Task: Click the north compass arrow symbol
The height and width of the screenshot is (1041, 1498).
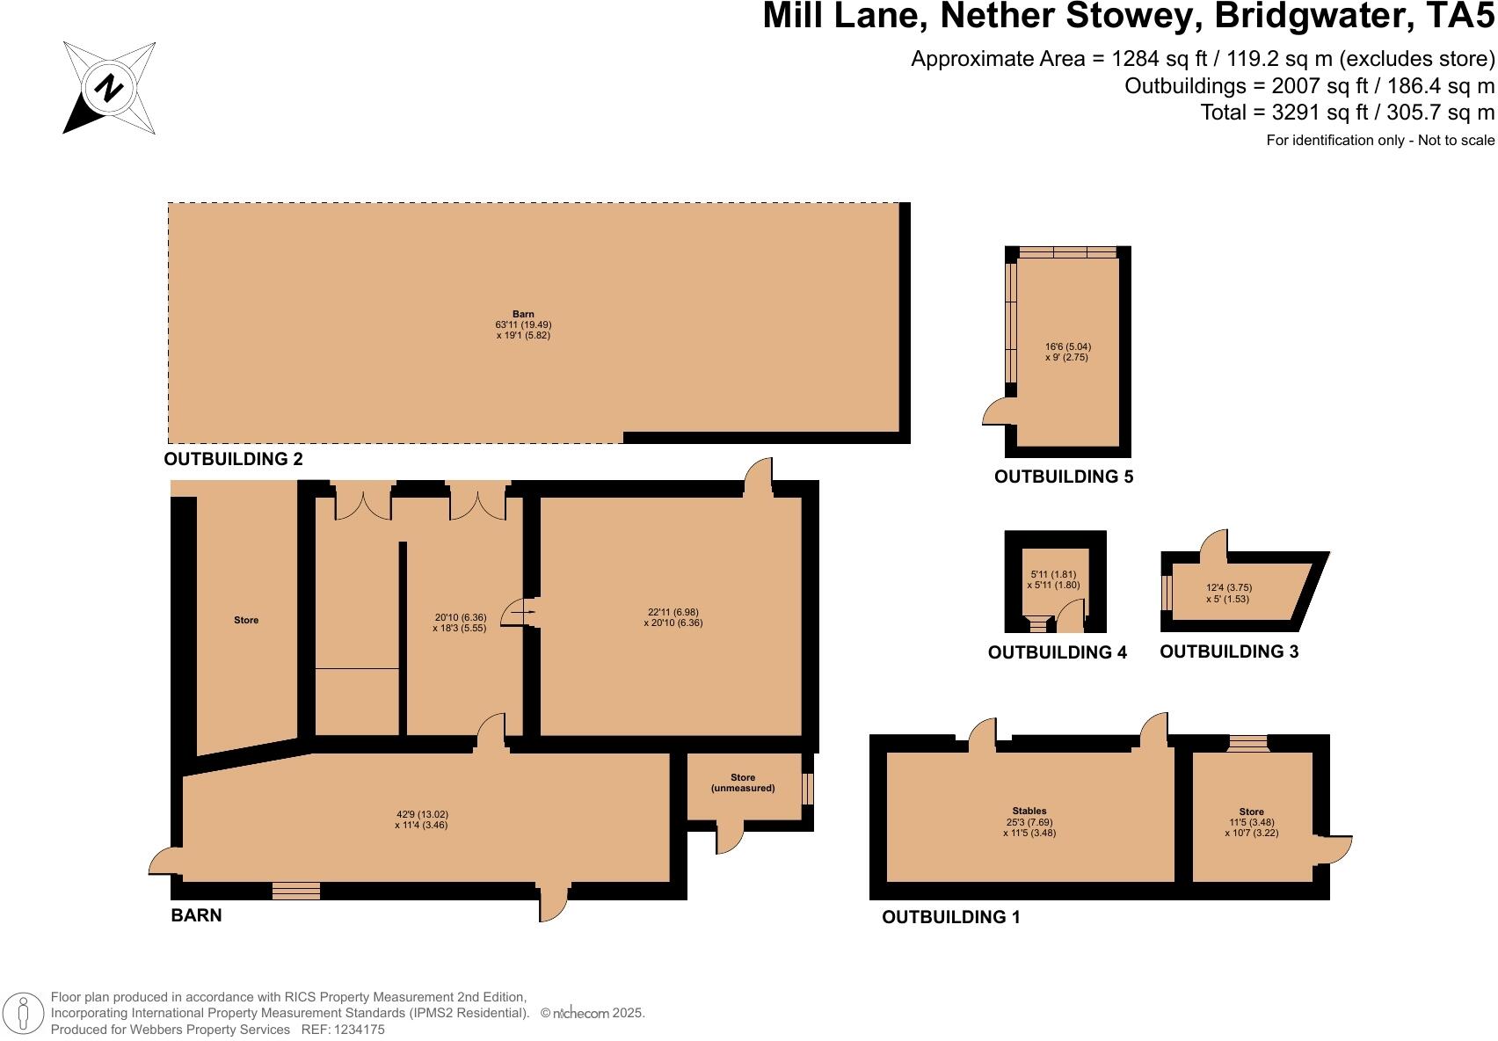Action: tap(109, 88)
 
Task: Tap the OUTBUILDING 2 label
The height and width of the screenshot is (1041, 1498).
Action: tap(233, 459)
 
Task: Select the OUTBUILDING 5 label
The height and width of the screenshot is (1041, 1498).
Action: tap(1063, 477)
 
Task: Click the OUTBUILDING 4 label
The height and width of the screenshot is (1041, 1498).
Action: tap(1057, 652)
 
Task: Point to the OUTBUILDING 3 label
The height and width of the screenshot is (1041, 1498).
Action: tap(1229, 652)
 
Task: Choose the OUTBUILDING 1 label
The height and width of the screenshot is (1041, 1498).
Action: tap(950, 917)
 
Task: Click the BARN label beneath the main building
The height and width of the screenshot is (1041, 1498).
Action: tap(196, 915)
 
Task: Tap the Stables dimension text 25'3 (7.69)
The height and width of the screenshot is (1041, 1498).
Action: tap(1029, 821)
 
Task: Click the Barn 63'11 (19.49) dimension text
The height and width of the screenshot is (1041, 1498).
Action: tap(523, 324)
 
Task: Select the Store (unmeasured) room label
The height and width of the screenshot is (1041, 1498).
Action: tap(743, 783)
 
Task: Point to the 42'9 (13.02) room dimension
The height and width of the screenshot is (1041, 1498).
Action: tap(422, 814)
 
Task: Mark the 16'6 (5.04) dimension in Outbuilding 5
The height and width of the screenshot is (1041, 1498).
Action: tap(1067, 346)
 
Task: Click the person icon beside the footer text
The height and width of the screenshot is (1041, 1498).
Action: tap(24, 1013)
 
